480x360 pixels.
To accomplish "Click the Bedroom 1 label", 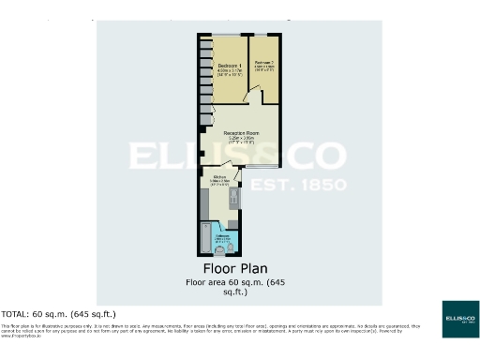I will click(x=230, y=64).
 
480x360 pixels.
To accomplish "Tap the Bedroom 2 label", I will click(x=263, y=62).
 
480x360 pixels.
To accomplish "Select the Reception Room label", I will click(x=240, y=133).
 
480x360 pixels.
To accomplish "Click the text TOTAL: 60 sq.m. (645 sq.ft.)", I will click(x=58, y=312).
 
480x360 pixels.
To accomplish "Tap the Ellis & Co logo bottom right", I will click(x=460, y=319).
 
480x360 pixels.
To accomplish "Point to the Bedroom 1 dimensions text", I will click(x=230, y=71).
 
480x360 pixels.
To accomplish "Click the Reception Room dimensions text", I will click(x=240, y=141).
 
